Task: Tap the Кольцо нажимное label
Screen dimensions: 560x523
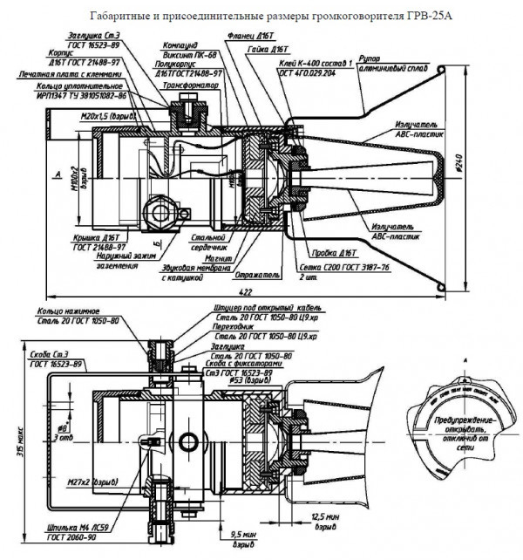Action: tap(65, 311)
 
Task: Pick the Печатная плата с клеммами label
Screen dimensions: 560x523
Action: tap(71, 78)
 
